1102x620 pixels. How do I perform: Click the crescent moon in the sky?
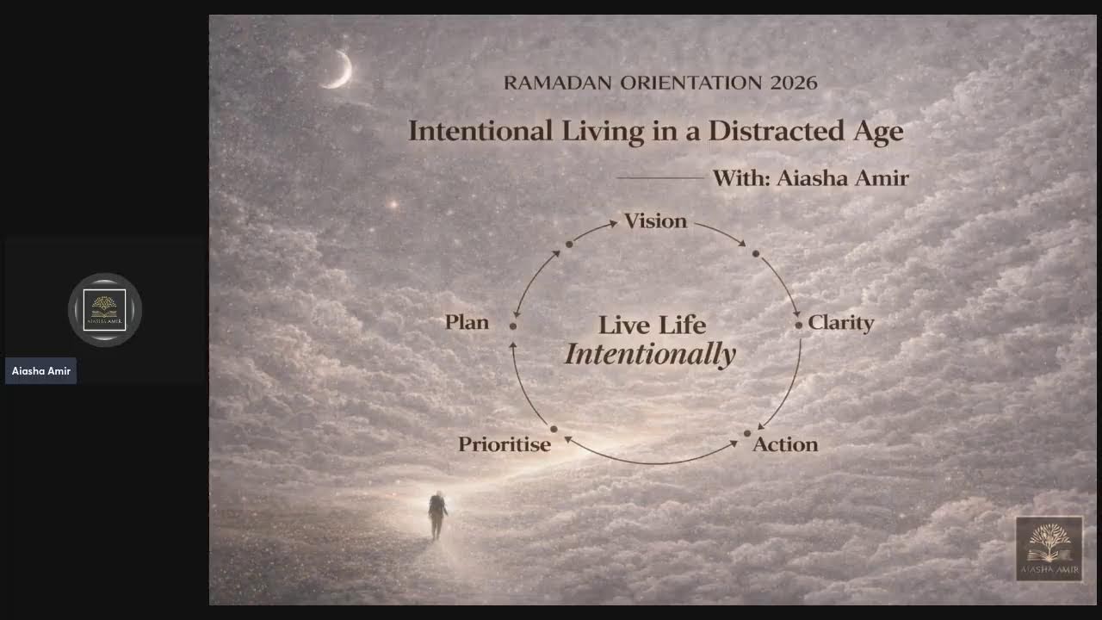click(339, 71)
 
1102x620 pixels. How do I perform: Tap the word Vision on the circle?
click(655, 221)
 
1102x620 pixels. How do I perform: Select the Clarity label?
click(840, 323)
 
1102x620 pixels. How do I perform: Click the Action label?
click(785, 444)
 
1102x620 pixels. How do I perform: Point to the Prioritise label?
click(504, 444)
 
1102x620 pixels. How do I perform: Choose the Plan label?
click(467, 322)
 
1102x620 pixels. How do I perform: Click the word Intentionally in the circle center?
click(650, 354)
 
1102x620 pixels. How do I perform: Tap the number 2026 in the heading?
click(794, 83)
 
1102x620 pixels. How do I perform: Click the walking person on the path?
click(437, 515)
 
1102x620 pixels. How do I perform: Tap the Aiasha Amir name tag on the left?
click(40, 371)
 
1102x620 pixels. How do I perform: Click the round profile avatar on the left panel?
click(105, 310)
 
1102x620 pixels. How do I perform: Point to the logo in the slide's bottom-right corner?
click(1049, 549)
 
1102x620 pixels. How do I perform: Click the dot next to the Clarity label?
click(799, 325)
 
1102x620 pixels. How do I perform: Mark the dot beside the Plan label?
click(513, 326)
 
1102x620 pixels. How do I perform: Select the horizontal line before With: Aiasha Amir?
click(659, 178)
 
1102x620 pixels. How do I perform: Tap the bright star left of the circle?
click(394, 205)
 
